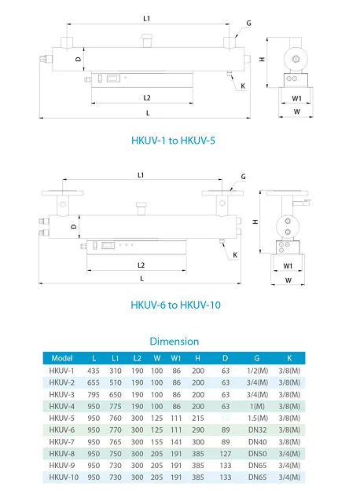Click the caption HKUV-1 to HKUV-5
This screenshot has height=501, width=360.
[x=172, y=141]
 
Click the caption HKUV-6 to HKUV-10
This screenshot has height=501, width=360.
[x=174, y=305]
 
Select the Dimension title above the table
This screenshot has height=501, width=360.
[x=174, y=341]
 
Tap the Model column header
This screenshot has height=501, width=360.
[x=62, y=358]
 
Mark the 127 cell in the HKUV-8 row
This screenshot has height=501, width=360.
[x=224, y=453]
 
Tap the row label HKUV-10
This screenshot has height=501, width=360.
[x=63, y=477]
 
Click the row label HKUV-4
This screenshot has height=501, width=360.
[x=62, y=406]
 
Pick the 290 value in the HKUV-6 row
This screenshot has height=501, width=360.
[x=197, y=430]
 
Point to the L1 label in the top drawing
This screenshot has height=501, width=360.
[x=145, y=17]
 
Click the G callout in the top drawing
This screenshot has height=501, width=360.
[x=248, y=24]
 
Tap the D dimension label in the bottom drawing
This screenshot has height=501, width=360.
[x=73, y=225]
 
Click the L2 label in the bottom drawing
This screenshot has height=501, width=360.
[x=141, y=265]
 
